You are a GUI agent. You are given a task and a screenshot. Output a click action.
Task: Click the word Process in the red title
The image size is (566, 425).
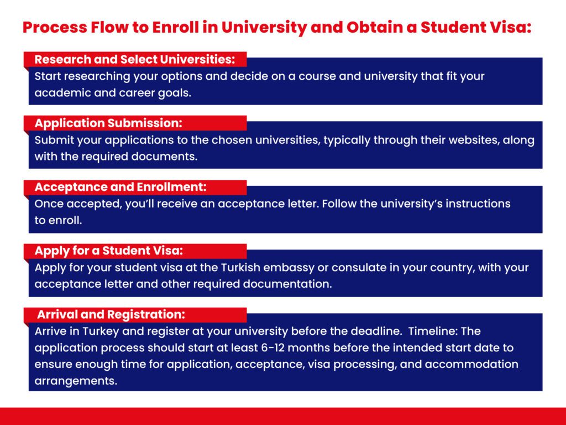55,28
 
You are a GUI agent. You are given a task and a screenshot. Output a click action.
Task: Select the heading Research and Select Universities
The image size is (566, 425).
135,59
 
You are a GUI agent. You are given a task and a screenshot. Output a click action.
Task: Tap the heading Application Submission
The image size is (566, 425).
108,123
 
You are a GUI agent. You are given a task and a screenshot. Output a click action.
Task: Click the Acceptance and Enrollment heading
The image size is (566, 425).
120,187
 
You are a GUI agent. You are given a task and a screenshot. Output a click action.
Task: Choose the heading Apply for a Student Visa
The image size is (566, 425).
109,251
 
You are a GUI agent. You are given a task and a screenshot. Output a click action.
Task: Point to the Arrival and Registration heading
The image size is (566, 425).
111,314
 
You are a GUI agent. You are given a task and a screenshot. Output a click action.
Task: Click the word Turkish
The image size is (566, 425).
240,267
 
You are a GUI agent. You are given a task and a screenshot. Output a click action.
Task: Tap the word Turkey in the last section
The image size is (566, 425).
101,331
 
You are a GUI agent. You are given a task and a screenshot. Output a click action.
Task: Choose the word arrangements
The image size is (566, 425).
76,381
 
